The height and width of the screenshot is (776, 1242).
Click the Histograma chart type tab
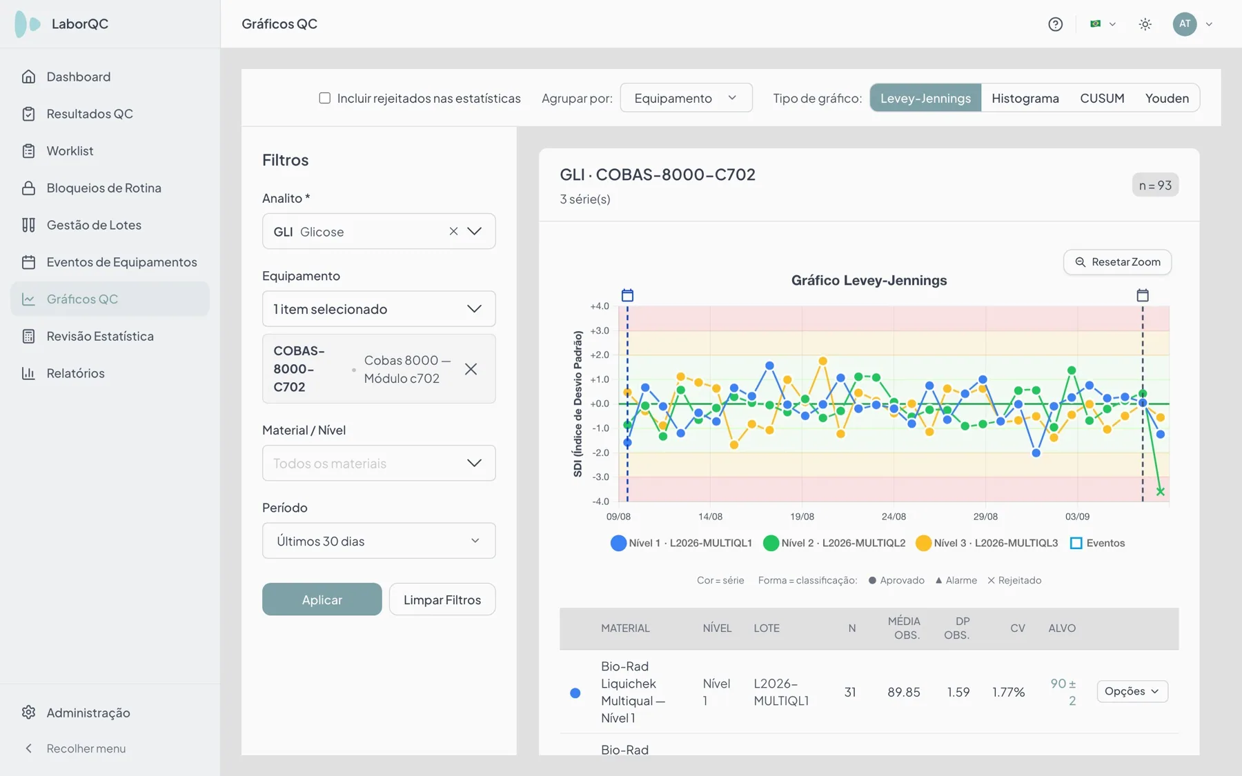click(x=1025, y=98)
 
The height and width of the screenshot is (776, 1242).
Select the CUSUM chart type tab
click(x=1102, y=98)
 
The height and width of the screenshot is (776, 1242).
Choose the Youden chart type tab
click(x=1167, y=98)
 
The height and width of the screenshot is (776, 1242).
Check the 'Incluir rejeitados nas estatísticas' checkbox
click(x=324, y=98)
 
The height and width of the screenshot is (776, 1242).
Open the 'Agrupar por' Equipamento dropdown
click(x=686, y=98)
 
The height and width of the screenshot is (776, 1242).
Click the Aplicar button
click(x=322, y=599)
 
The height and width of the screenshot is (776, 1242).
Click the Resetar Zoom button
click(x=1117, y=262)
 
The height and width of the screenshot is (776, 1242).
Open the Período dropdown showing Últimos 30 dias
click(x=379, y=541)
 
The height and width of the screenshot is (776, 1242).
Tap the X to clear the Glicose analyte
click(x=453, y=232)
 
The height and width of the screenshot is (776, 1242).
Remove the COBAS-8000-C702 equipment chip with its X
click(x=471, y=369)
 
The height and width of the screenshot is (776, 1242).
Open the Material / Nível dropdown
click(x=379, y=464)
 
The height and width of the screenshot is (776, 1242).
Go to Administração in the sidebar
click(x=88, y=713)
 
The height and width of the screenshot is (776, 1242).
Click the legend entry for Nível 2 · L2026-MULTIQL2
click(x=834, y=543)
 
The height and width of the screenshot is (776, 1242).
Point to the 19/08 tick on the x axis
click(x=802, y=517)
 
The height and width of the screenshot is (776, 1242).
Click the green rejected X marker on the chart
click(x=1160, y=492)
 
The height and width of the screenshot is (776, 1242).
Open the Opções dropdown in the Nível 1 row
click(x=1132, y=691)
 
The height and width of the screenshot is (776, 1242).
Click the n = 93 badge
click(x=1155, y=185)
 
